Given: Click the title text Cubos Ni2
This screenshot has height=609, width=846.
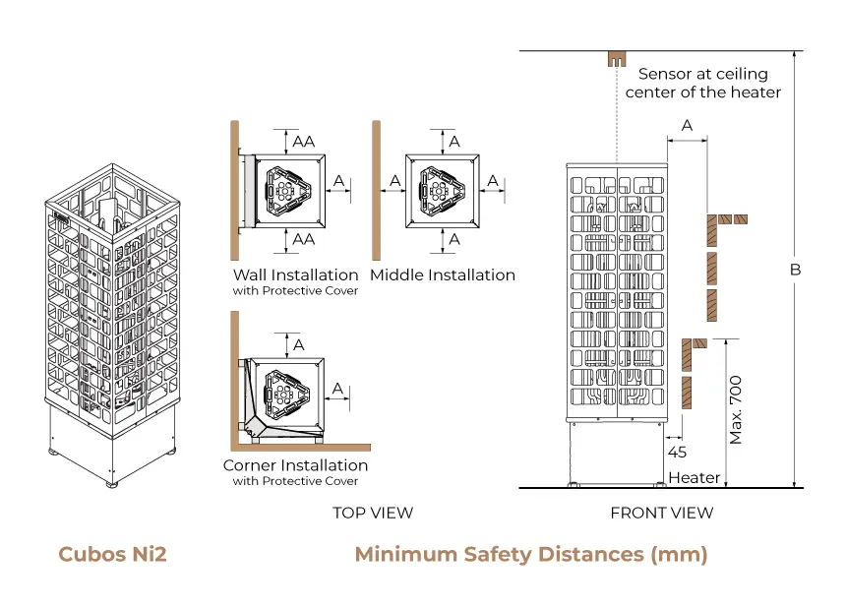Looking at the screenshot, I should (112, 554).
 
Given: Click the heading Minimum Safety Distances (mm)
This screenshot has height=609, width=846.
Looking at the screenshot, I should (530, 554).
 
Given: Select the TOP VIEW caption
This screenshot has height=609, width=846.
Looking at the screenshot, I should (372, 513).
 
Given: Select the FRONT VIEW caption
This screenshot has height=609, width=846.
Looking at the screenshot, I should (661, 513).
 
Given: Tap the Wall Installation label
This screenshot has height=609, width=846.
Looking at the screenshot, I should (295, 274).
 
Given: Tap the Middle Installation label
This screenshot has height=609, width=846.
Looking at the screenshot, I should (443, 274).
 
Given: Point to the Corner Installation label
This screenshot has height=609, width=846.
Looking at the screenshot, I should (295, 464).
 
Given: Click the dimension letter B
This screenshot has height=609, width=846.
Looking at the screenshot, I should (796, 269).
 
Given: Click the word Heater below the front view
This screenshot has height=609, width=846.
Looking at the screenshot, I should (694, 478).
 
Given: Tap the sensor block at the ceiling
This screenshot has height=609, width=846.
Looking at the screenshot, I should (616, 59).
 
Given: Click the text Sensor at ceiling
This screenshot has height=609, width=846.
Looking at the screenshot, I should (702, 74).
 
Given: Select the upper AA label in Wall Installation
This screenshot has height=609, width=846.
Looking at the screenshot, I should (304, 141).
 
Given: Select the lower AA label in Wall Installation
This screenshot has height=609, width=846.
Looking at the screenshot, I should (304, 239).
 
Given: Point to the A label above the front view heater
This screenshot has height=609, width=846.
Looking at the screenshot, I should (687, 125).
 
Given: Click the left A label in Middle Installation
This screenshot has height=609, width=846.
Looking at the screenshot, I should (394, 181).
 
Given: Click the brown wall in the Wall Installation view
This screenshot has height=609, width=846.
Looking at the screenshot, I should (235, 187).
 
